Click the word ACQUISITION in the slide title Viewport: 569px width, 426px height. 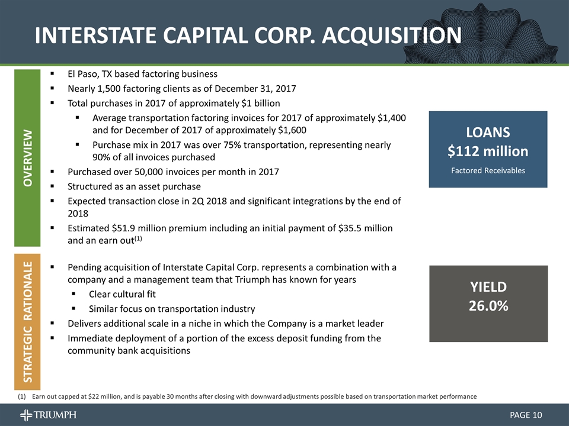(392, 35)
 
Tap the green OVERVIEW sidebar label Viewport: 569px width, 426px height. (28, 158)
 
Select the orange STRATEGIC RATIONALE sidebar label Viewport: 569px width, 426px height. (28, 322)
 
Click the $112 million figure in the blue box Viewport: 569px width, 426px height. (488, 151)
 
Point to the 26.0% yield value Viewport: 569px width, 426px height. (488, 306)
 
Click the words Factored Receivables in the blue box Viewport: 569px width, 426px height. (488, 170)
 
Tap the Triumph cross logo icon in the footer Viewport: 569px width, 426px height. (26, 415)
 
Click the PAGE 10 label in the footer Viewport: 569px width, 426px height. (526, 415)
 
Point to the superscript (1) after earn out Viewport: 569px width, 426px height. (138, 238)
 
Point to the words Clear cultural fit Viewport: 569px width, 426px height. (122, 294)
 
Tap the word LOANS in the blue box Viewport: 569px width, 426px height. (488, 133)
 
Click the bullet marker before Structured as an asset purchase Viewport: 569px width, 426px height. (52, 186)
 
